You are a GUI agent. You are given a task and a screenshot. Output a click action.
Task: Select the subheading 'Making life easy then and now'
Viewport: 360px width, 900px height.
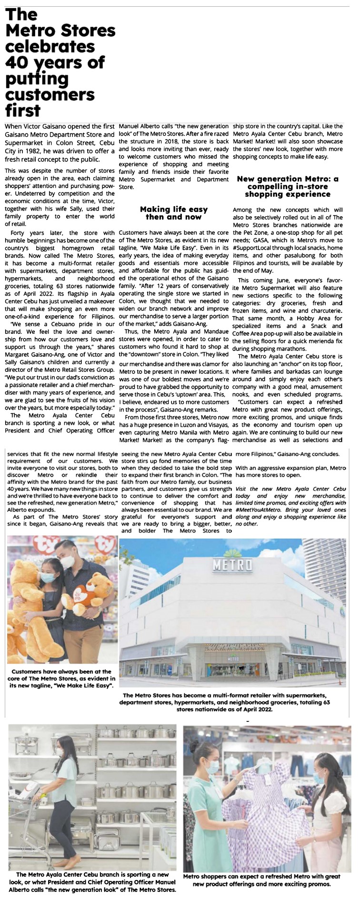coord(174,213)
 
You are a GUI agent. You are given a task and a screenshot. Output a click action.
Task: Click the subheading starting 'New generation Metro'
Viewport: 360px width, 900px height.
coord(288,186)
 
